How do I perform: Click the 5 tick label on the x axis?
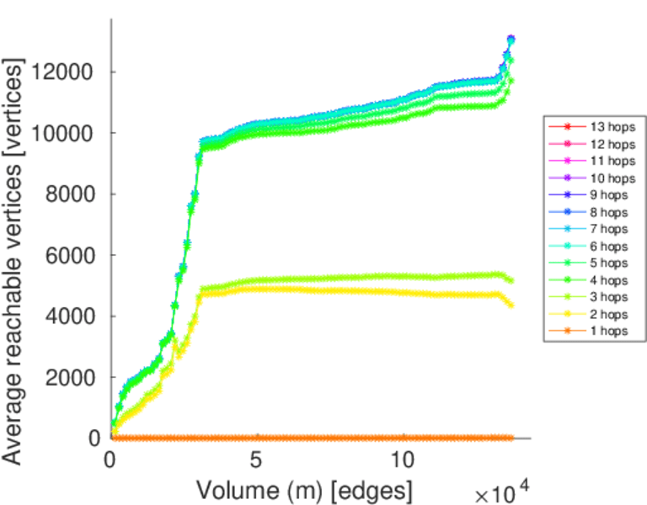coord(256,461)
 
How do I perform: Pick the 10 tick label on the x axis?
coord(403,461)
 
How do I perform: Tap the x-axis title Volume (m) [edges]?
coord(305,489)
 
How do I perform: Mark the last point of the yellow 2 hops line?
coord(511,304)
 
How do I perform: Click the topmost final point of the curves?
coord(511,39)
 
